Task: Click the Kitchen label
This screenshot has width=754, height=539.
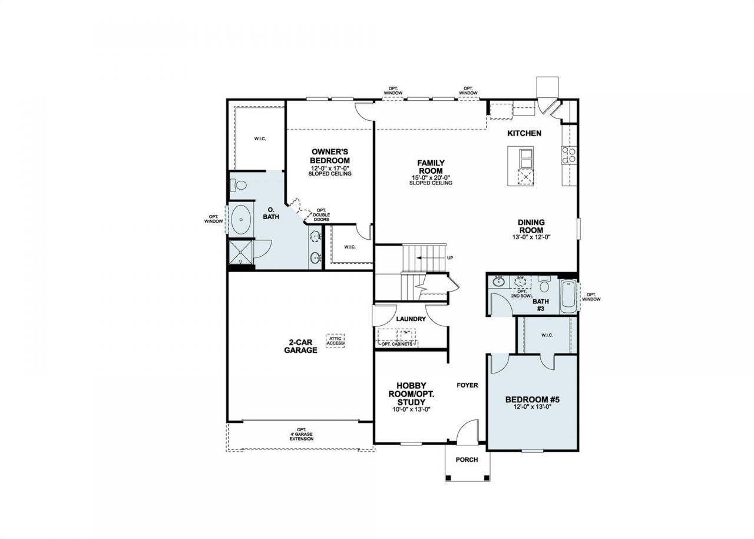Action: pos(524,133)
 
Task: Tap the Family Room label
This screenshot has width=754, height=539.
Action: pos(431,167)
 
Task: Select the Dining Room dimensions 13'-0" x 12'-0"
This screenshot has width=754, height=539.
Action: pos(531,237)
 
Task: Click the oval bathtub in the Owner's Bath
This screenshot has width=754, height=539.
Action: pos(241,220)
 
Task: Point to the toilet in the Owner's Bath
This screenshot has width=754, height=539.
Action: pos(239,185)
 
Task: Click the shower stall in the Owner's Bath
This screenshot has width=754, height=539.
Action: pos(240,252)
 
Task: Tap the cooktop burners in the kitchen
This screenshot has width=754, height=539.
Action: pos(569,155)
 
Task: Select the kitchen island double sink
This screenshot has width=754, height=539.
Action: pos(526,158)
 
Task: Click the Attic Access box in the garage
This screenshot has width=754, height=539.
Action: pos(335,340)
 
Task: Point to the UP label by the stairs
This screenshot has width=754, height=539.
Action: pos(450,258)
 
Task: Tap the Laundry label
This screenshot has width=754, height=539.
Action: pos(411,319)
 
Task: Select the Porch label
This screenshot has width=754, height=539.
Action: pos(467,459)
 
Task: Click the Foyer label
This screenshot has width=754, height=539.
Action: pos(467,385)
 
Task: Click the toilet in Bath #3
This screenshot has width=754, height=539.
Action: pos(544,284)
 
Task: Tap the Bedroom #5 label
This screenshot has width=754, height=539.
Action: pos(532,399)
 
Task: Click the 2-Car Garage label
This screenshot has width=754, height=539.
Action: pos(300,346)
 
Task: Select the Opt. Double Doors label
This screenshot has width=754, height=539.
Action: pos(321,215)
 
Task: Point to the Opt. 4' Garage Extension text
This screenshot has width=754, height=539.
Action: pos(302,434)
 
